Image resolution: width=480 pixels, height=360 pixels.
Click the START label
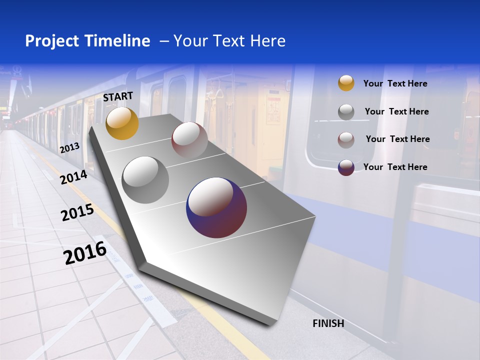coord(118,96)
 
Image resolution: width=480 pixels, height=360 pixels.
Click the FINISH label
coord(328,323)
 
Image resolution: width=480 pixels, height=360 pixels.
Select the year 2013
coord(69,147)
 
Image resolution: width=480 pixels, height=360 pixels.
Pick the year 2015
coord(77,213)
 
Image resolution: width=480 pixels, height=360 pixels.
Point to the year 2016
coord(85,252)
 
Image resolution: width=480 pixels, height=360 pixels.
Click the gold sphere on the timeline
coord(122,123)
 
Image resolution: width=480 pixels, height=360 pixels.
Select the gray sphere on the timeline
coord(145,180)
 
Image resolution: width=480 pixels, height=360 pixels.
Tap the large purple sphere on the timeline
coord(216,207)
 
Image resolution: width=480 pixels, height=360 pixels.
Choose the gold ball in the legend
coord(346,83)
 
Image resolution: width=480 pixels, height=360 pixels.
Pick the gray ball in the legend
coord(346,111)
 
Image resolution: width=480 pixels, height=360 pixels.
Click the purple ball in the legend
coord(346,167)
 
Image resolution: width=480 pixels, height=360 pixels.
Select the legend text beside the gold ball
coord(395,83)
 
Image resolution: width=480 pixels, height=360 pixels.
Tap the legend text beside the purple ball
coord(395,167)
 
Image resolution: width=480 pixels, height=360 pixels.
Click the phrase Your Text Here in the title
coord(229,41)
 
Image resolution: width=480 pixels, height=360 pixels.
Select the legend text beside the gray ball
coord(396,111)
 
